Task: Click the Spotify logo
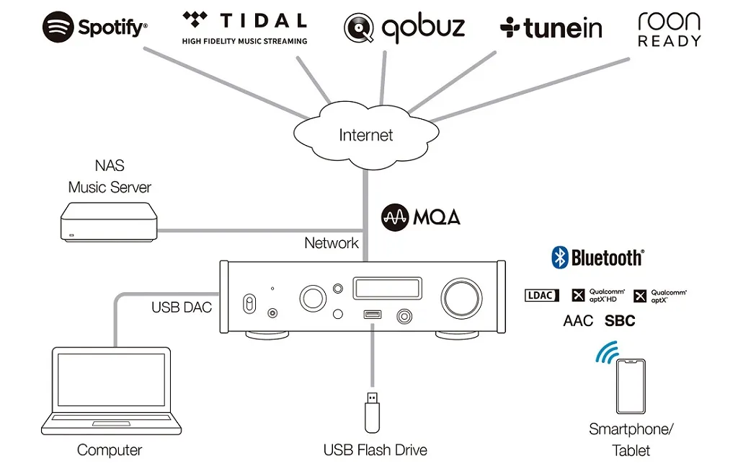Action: point(94,27)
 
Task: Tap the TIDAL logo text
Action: point(245,21)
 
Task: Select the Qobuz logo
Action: point(404,27)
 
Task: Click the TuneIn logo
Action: point(552,27)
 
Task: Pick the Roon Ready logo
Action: point(669,29)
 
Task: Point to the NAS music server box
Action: point(108,221)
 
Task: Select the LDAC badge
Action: point(541,295)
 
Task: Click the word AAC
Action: point(578,320)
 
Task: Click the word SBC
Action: point(620,320)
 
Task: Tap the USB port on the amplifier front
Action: point(372,315)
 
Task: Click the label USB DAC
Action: point(182,307)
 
